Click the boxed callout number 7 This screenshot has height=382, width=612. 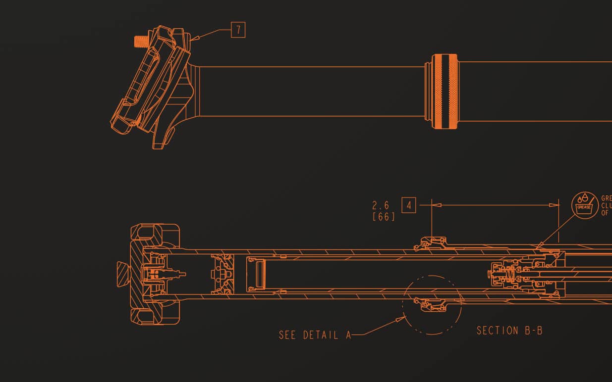(x=238, y=30)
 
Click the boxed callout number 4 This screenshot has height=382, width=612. (x=409, y=205)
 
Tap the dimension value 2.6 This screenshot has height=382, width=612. (x=381, y=205)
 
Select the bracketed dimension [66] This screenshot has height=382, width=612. (x=384, y=217)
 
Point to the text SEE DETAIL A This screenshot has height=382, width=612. (x=315, y=335)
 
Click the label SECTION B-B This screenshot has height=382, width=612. (x=509, y=331)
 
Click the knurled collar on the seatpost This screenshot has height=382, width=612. (x=445, y=92)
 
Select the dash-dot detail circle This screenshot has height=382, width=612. (x=432, y=304)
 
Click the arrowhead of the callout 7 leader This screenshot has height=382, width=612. (x=194, y=38)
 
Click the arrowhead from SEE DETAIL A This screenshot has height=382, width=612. (x=402, y=319)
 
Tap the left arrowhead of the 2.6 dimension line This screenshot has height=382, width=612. (x=435, y=204)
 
